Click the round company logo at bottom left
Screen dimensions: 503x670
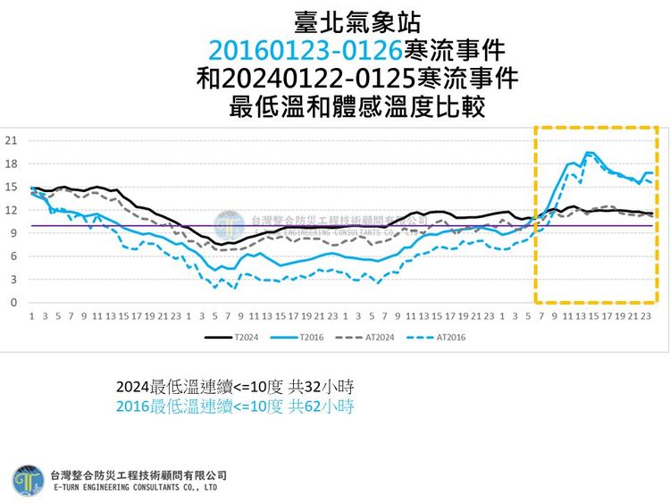pos(27,481)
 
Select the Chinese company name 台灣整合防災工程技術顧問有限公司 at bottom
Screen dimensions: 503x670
pos(138,474)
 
